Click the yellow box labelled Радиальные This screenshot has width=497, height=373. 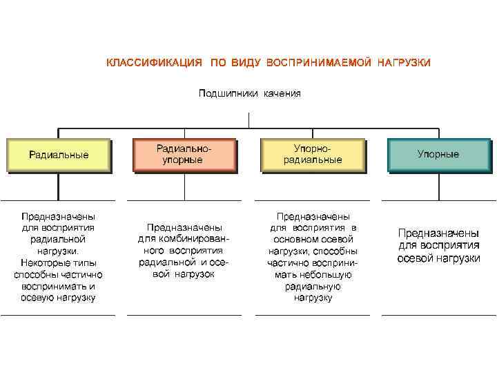pyautogui.click(x=59, y=155)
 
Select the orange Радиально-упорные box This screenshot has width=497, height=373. pyautogui.click(x=183, y=154)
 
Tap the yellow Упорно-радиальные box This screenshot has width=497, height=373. pyautogui.click(x=313, y=154)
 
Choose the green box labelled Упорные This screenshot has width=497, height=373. pyautogui.click(x=438, y=155)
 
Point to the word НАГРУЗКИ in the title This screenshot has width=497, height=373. pyautogui.click(x=404, y=63)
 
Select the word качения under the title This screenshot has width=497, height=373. pyautogui.click(x=282, y=93)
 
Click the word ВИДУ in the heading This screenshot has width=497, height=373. pyautogui.click(x=245, y=63)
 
